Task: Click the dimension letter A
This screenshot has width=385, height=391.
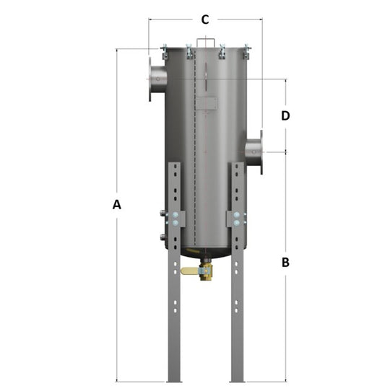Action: [x=116, y=205]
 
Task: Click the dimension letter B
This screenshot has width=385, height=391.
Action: [x=285, y=263]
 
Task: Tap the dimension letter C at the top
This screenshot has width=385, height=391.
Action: [x=205, y=19]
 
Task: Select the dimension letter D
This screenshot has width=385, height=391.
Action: [x=285, y=115]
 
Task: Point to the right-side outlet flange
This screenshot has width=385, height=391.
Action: [x=259, y=151]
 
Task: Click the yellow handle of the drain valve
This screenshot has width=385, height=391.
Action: [x=189, y=271]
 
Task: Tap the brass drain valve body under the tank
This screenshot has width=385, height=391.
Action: [x=206, y=272]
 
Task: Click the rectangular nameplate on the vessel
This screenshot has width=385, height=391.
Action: [x=206, y=103]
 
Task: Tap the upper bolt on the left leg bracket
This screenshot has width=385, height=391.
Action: [x=175, y=215]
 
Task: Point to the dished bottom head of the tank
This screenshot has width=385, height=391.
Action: [x=206, y=253]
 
